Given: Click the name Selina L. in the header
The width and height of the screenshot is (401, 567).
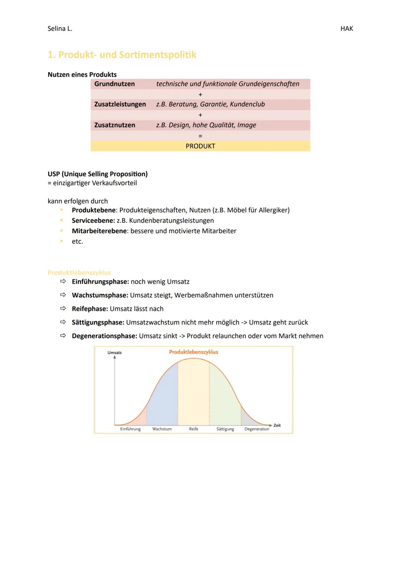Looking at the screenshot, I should (60, 29).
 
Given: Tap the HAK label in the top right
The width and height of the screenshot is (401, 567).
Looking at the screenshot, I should (346, 29).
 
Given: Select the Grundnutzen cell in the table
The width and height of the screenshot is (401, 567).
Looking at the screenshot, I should (114, 84).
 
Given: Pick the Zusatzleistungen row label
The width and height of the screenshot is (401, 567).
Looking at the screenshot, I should (120, 104).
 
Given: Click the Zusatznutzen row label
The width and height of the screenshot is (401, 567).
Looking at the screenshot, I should (114, 125).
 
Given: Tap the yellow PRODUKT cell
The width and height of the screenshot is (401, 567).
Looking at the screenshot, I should (200, 146).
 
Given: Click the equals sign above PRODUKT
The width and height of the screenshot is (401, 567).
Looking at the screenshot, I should (200, 136).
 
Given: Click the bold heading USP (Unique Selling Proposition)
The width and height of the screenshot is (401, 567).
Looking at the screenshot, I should (98, 174).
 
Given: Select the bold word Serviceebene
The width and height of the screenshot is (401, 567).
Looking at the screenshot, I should (93, 221).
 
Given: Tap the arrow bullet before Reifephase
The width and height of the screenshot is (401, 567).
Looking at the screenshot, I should (63, 309).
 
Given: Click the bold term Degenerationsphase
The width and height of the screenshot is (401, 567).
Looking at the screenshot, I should (104, 336).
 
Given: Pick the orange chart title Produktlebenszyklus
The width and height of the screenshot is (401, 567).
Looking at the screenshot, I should (193, 352).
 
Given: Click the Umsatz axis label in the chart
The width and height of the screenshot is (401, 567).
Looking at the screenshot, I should (114, 353).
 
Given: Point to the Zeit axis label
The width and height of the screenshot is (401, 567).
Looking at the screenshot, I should (277, 426).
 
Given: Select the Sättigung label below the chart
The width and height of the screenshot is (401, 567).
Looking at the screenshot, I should (225, 429).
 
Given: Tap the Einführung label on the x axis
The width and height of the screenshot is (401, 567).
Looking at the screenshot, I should (130, 429).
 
